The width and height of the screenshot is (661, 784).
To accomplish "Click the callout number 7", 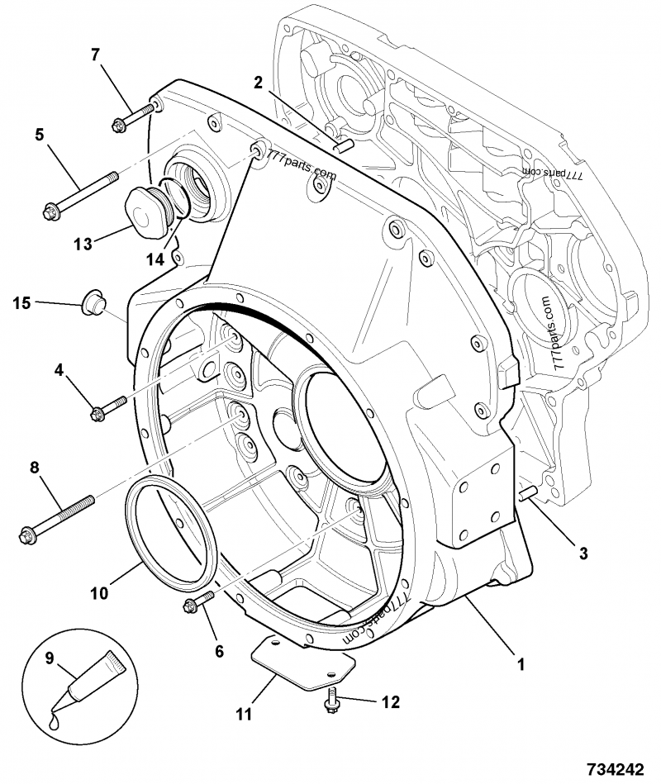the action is (x=95, y=55).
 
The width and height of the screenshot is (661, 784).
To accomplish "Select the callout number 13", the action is (x=83, y=244).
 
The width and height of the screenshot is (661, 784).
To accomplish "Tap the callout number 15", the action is (x=21, y=303).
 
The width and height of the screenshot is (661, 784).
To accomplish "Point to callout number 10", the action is (x=99, y=593).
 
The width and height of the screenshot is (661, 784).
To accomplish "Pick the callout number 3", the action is (x=583, y=554).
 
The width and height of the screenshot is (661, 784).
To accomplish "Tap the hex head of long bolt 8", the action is (x=27, y=535).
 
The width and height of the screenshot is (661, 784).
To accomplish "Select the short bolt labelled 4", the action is (x=108, y=407).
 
